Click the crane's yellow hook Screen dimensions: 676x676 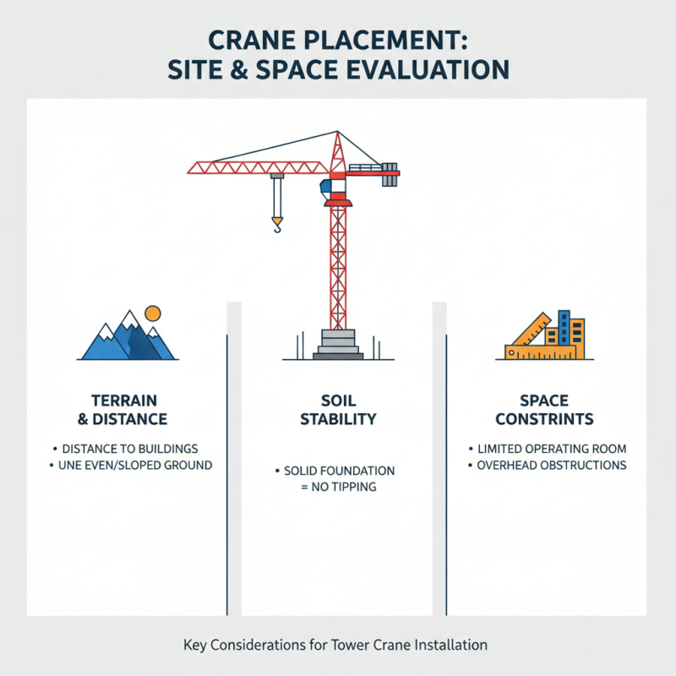pos(276,225)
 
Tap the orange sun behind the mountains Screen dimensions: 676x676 pos(152,313)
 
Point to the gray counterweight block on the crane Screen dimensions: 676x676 pos(390,175)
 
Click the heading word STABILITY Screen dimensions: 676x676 pos(338,419)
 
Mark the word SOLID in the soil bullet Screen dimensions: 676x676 pos(303,471)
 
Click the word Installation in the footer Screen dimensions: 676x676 pos(449,645)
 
